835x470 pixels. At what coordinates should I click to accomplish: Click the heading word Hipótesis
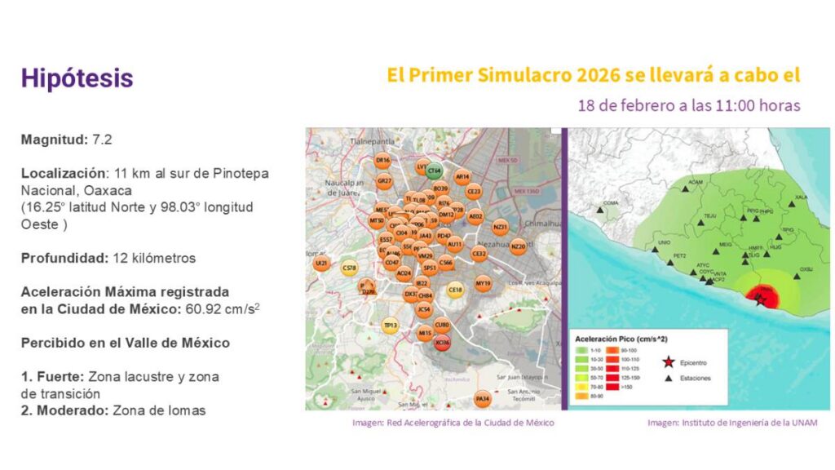pyautogui.click(x=77, y=78)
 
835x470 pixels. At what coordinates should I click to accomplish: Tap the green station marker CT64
pyautogui.click(x=435, y=171)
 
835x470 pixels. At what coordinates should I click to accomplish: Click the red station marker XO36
pyautogui.click(x=443, y=344)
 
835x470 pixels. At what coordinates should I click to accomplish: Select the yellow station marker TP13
pyautogui.click(x=391, y=326)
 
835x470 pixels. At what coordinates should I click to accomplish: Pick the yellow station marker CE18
pyautogui.click(x=456, y=289)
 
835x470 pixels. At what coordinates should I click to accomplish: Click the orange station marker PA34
pyautogui.click(x=483, y=398)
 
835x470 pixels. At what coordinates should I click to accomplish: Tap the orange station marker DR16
pyautogui.click(x=382, y=161)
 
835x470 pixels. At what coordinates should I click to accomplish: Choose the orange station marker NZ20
pyautogui.click(x=519, y=246)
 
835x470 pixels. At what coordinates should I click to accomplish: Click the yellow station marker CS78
pyautogui.click(x=350, y=268)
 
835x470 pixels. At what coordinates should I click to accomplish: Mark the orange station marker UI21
pyautogui.click(x=322, y=264)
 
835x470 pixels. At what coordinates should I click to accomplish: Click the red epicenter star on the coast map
pyautogui.click(x=759, y=300)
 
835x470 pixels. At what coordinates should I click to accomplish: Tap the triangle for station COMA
pyautogui.click(x=601, y=210)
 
